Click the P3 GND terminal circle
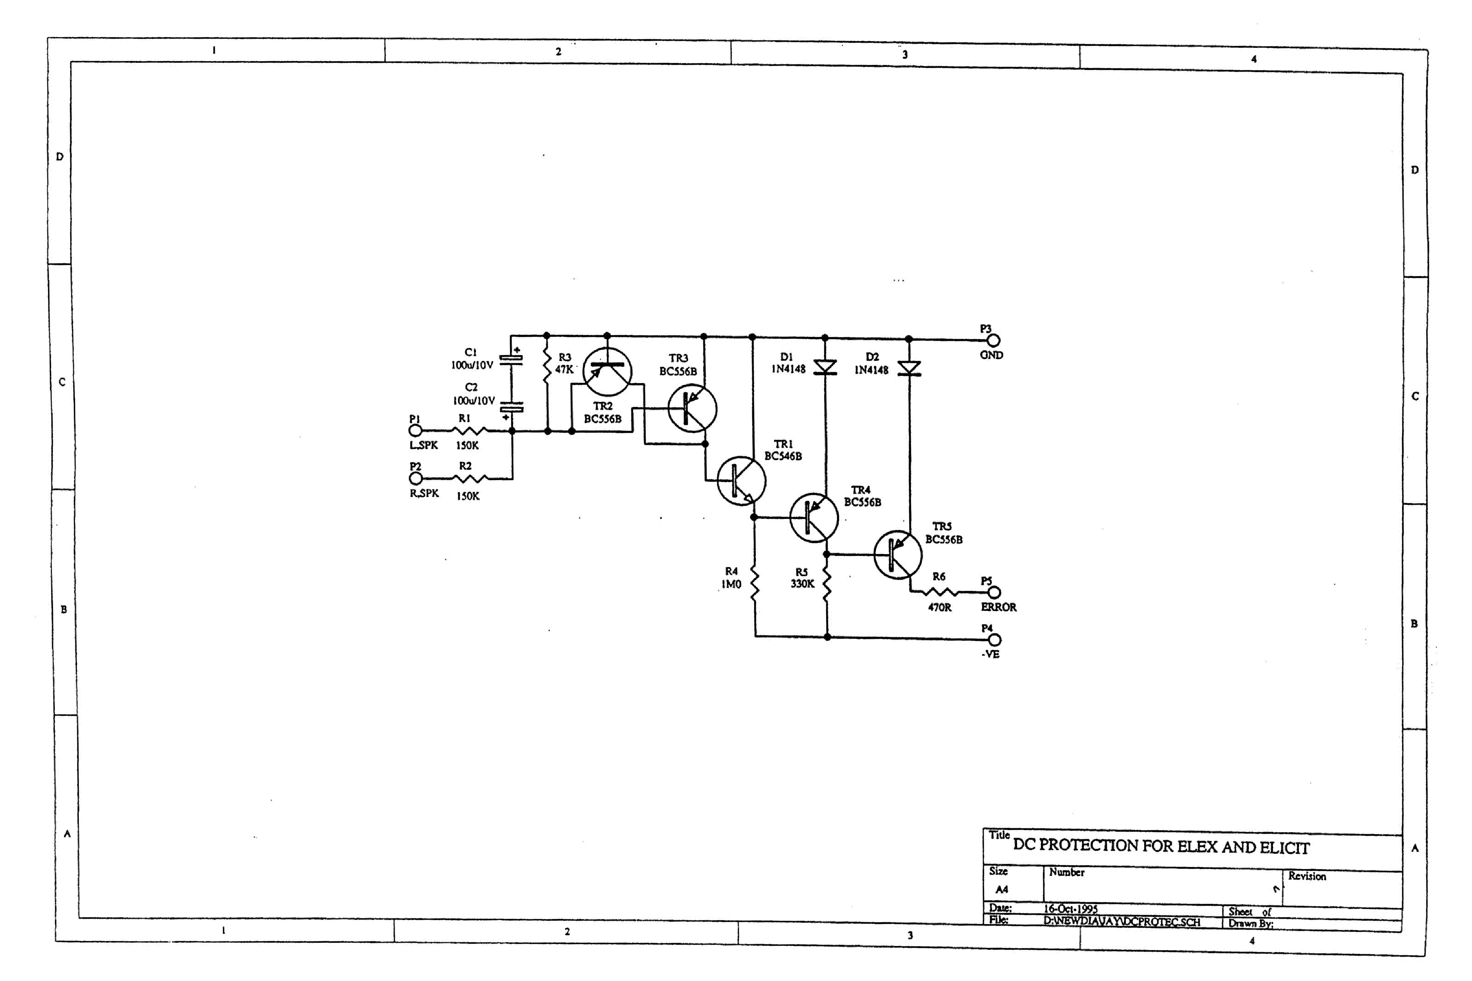[x=993, y=340]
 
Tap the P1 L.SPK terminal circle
[x=415, y=430]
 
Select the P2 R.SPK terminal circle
[x=415, y=479]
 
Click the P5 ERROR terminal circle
[x=994, y=592]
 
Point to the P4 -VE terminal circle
[x=994, y=639]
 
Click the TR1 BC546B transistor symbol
[x=741, y=480]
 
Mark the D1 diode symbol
[x=825, y=367]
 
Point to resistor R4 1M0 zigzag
[x=755, y=584]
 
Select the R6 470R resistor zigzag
[x=939, y=592]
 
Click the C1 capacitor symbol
[x=512, y=359]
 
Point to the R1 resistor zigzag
[x=468, y=430]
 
